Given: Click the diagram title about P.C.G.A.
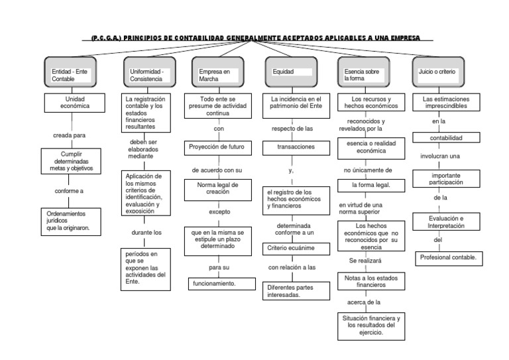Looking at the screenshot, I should coord(255,38).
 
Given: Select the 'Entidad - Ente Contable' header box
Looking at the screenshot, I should coord(72,74).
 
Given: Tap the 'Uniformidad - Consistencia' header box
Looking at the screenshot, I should coord(149,74).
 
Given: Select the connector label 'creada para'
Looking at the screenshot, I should coord(70,135).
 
